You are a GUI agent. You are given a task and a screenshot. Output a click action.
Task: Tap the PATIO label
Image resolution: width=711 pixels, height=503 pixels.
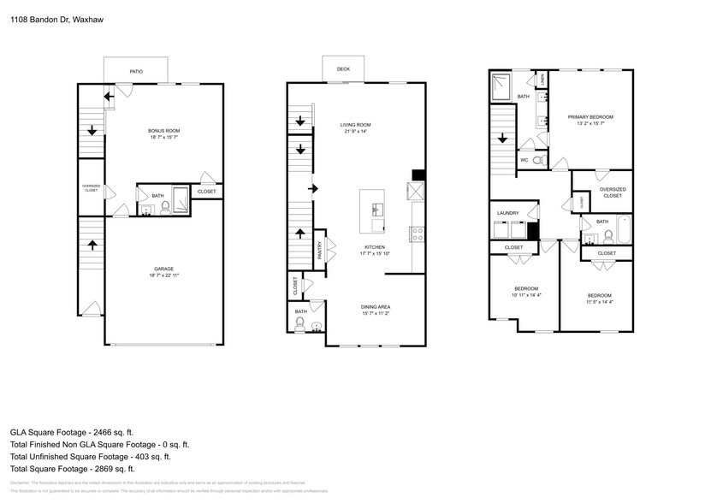pyautogui.click(x=135, y=72)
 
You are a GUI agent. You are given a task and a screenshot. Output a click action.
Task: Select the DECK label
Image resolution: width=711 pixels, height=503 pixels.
pyautogui.click(x=342, y=68)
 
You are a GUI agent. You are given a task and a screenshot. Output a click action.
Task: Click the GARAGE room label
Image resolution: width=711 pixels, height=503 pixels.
pyautogui.click(x=163, y=269)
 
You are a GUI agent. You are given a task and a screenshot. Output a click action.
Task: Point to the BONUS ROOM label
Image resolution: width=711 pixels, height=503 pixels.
pyautogui.click(x=164, y=131)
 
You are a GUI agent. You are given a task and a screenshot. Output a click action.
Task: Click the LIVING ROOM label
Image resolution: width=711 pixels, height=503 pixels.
pyautogui.click(x=355, y=125)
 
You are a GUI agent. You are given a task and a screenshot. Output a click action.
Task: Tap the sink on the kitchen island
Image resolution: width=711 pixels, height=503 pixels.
pyautogui.click(x=374, y=209)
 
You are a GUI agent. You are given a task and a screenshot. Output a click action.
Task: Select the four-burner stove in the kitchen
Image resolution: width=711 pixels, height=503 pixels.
pyautogui.click(x=418, y=233)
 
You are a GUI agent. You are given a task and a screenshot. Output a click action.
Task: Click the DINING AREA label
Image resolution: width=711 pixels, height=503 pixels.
pyautogui.click(x=376, y=307)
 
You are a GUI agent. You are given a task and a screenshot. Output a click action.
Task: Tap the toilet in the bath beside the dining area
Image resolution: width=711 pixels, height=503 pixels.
pyautogui.click(x=300, y=324)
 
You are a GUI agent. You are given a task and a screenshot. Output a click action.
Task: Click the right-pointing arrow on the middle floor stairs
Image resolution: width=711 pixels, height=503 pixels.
pyautogui.click(x=313, y=187)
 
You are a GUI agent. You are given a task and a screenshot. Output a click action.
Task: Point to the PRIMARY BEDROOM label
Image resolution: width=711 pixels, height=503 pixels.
pyautogui.click(x=590, y=116)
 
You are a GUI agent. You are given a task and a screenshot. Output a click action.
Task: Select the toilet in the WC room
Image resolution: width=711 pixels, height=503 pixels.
pyautogui.click(x=537, y=160)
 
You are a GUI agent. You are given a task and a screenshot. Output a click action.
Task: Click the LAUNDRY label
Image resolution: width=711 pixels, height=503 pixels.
pyautogui.click(x=507, y=213)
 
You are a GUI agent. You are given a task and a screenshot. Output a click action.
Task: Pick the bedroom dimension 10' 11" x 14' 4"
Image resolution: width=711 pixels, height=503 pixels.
pyautogui.click(x=526, y=294)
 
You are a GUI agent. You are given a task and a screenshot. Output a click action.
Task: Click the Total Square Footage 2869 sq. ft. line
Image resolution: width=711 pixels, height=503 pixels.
pyautogui.click(x=73, y=468)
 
